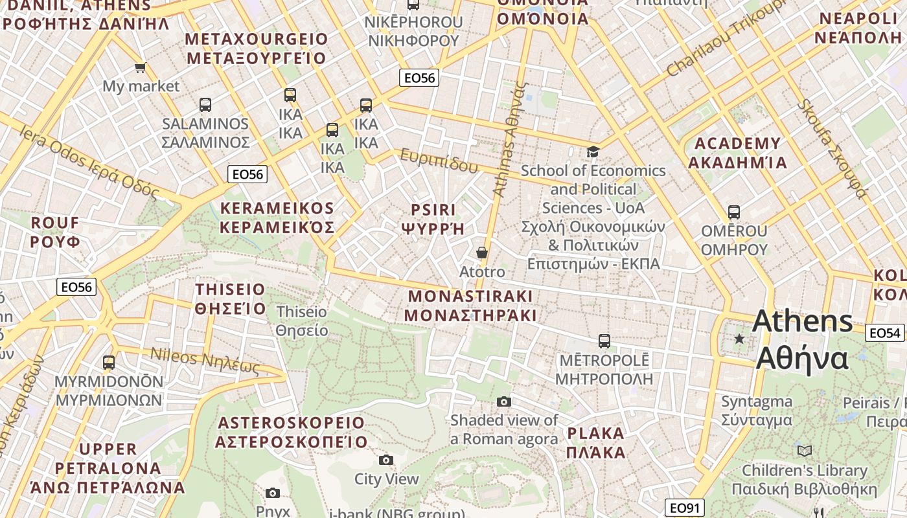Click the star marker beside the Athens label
tap(739, 339)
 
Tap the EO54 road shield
tap(885, 333)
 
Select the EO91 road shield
tap(684, 508)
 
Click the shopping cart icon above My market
tap(140, 67)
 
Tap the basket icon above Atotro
tap(481, 253)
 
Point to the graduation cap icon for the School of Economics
tap(593, 152)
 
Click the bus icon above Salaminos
tap(205, 104)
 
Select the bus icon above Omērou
tap(734, 212)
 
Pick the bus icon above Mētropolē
tap(604, 341)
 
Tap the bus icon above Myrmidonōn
tap(109, 363)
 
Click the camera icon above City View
tap(386, 460)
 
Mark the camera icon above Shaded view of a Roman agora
tap(504, 402)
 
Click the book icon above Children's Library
tap(805, 451)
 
